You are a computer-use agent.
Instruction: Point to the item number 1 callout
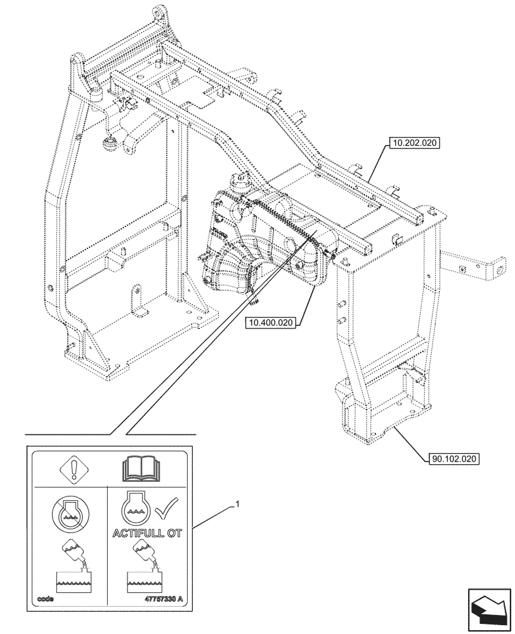tap(237, 505)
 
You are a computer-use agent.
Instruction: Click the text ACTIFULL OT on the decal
tap(147, 533)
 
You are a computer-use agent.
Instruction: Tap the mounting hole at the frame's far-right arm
tap(500, 269)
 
